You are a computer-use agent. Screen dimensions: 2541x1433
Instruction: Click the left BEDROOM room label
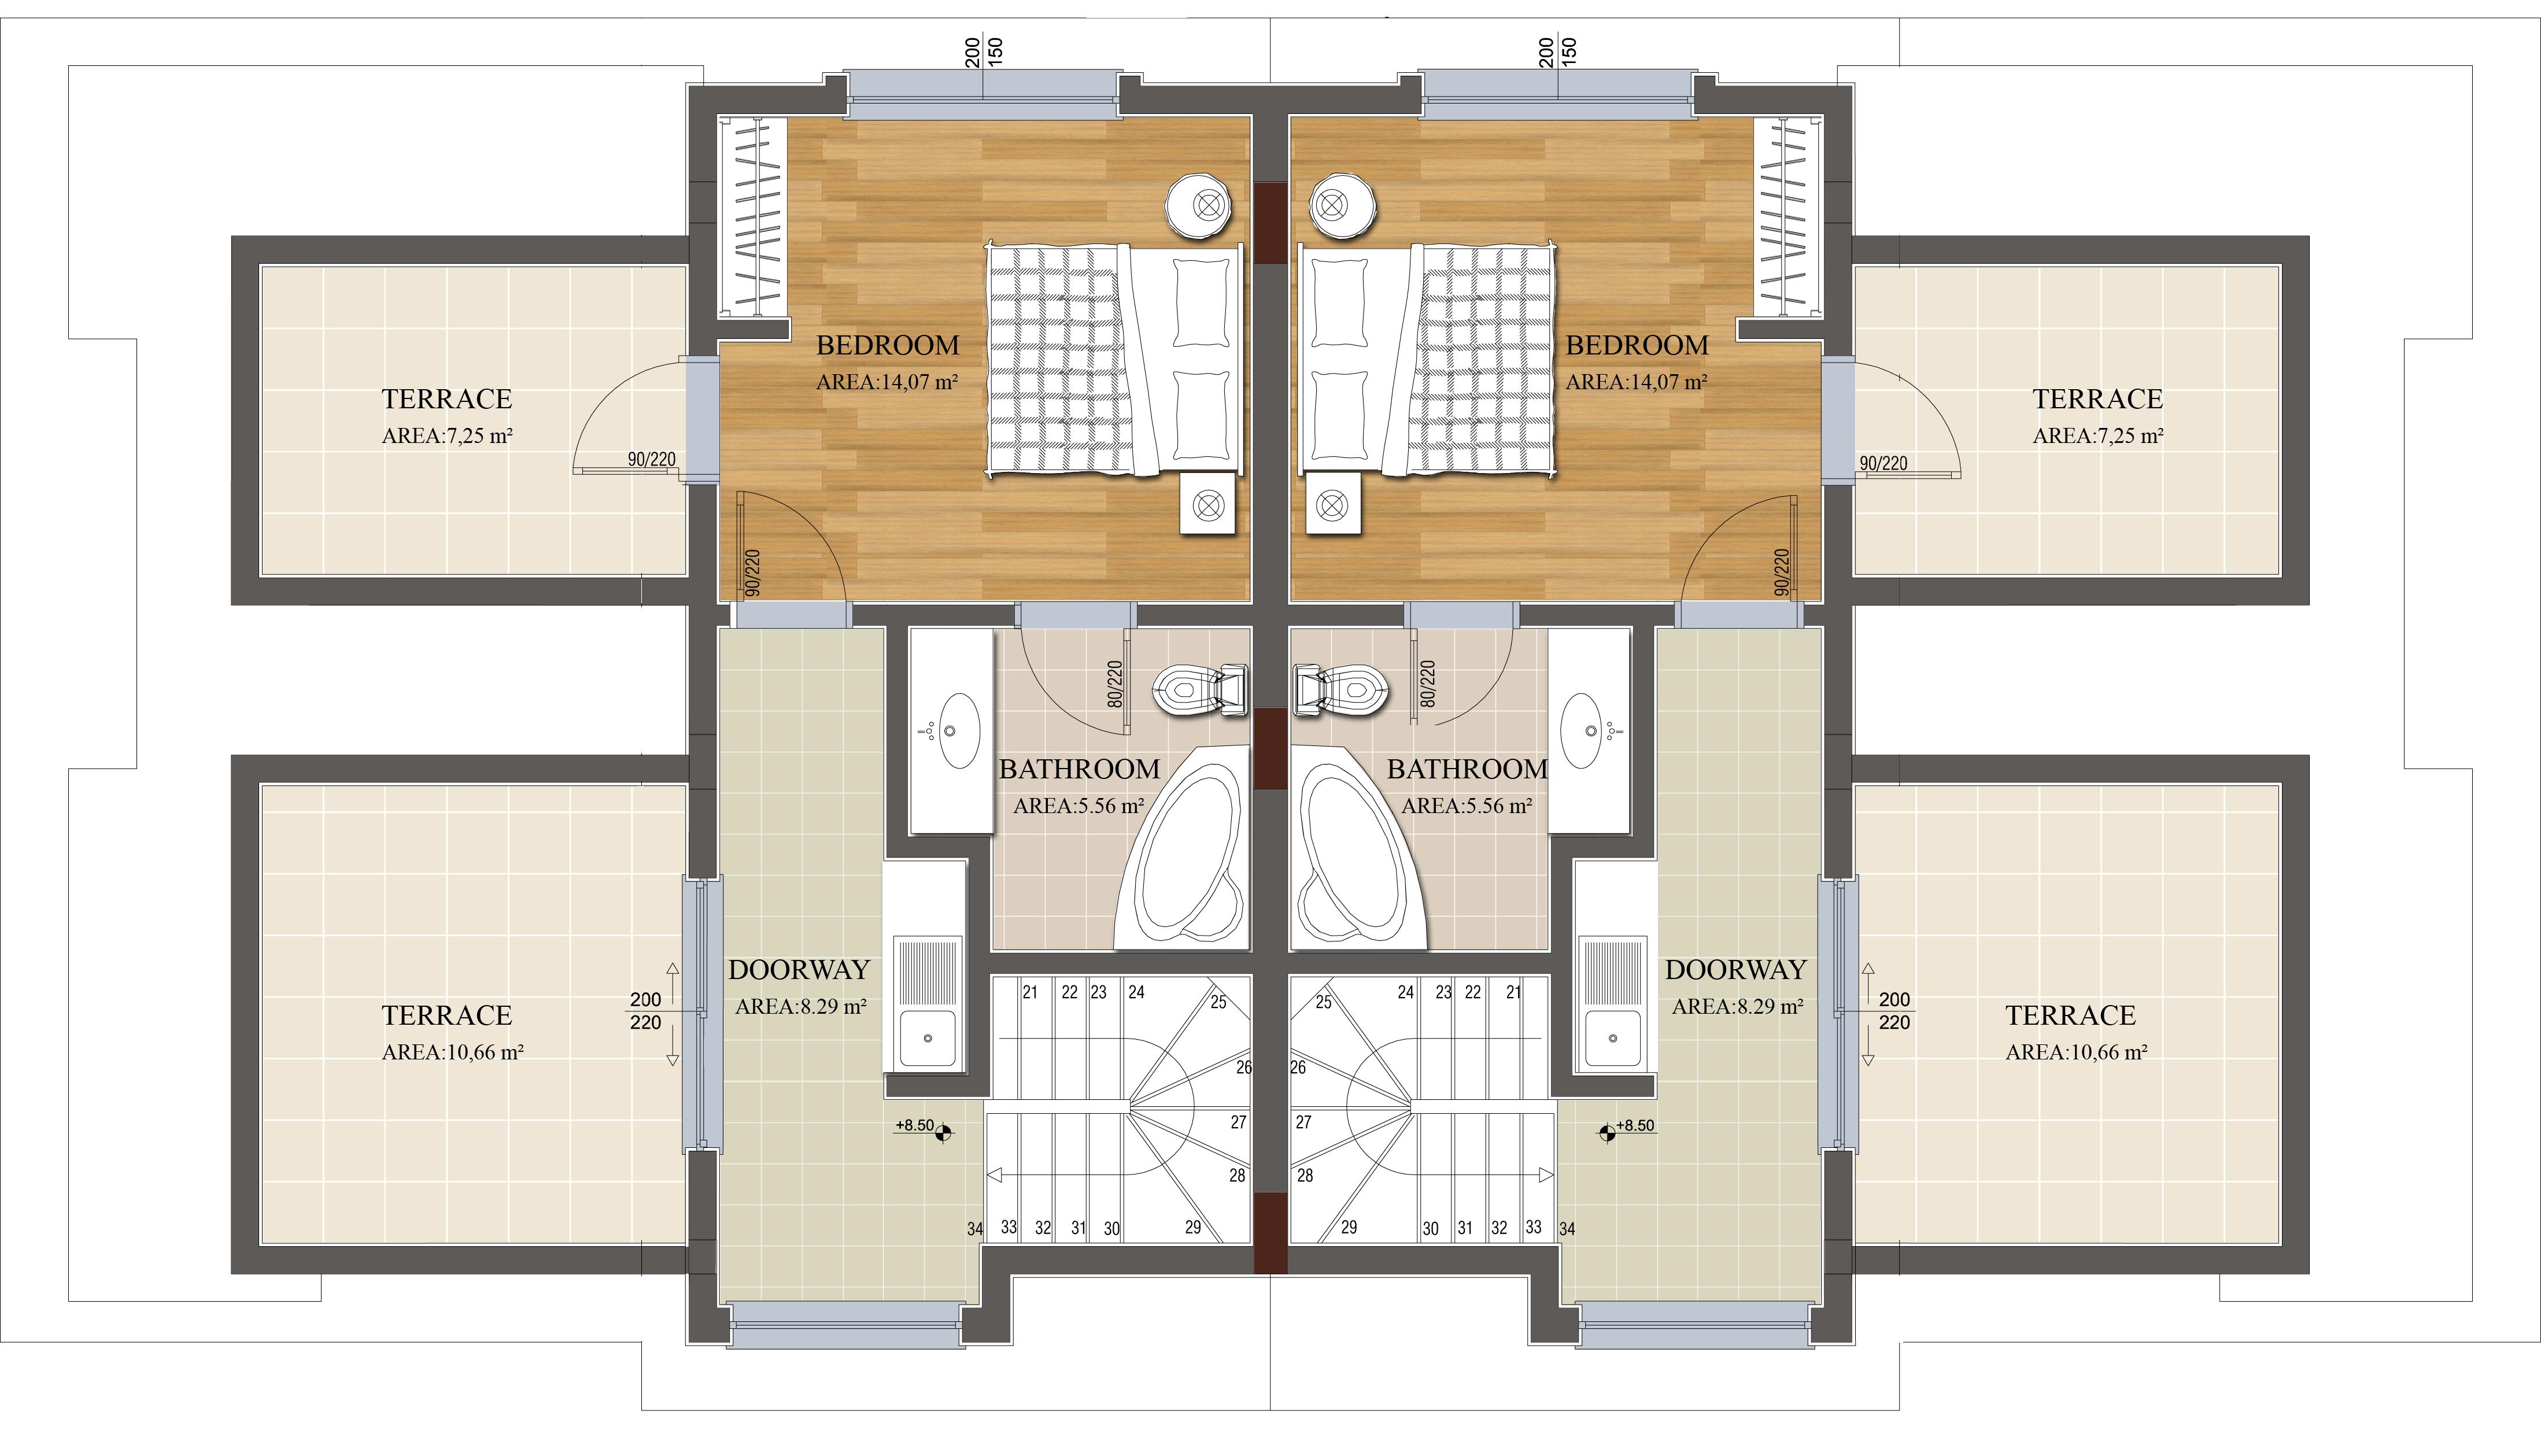(888, 345)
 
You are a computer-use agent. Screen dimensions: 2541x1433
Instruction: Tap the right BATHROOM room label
(1468, 769)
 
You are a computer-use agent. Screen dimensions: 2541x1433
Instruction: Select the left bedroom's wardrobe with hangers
(752, 217)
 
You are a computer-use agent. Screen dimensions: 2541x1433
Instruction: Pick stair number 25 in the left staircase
(1218, 1002)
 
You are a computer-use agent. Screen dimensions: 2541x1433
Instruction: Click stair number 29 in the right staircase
(1349, 1227)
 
